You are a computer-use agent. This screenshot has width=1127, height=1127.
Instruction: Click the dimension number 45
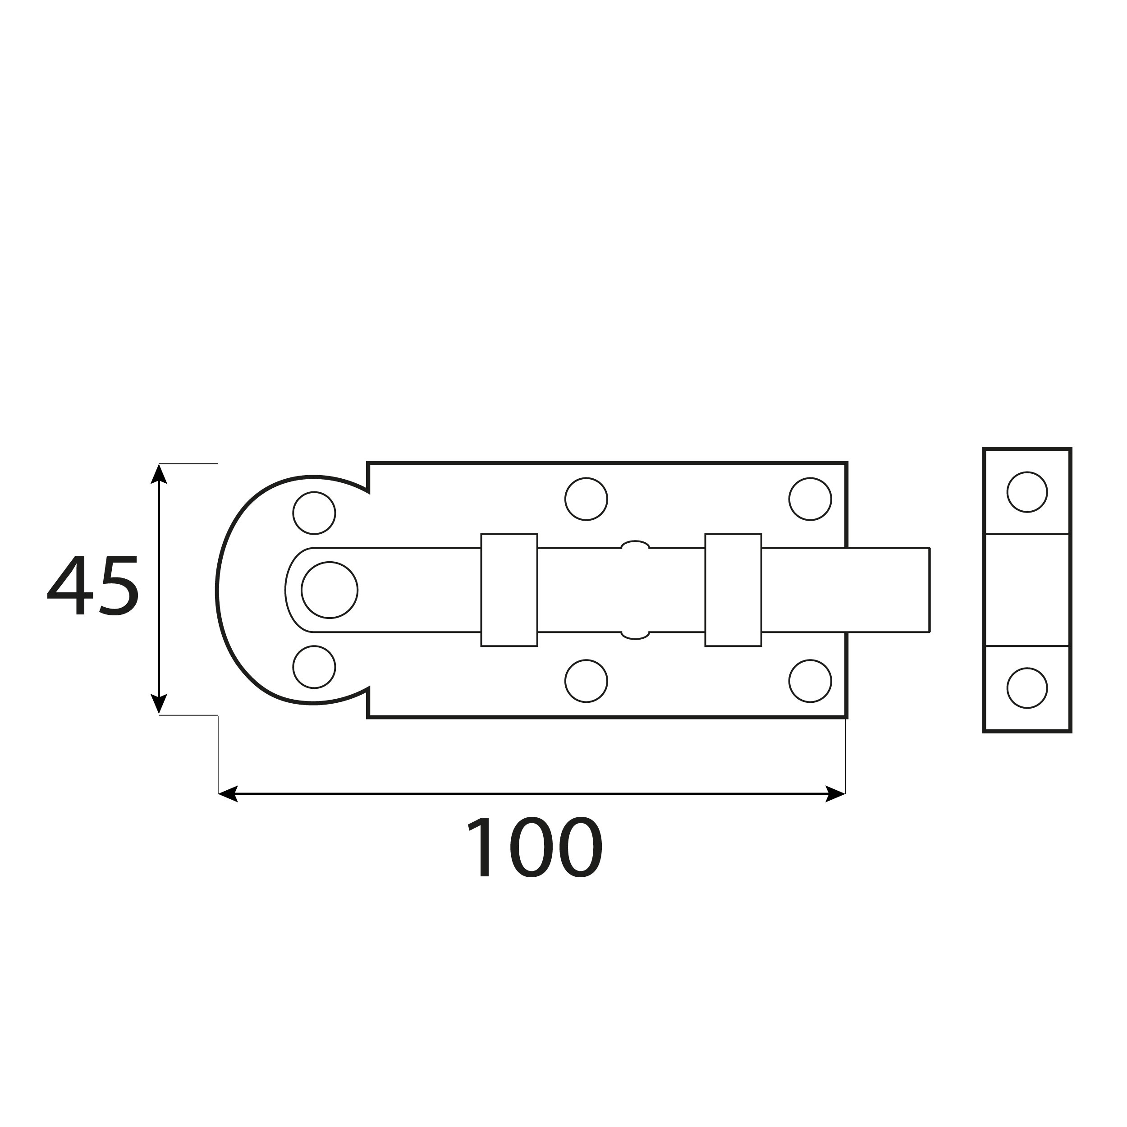[93, 585]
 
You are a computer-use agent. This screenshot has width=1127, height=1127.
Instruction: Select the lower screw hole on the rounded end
[314, 667]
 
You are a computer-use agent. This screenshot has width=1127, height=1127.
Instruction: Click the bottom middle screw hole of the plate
[586, 681]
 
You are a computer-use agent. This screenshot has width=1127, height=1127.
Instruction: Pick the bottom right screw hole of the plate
[810, 681]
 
